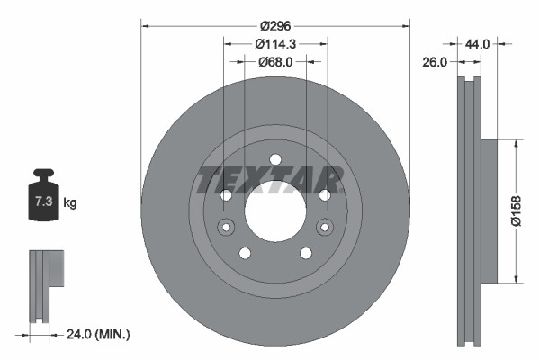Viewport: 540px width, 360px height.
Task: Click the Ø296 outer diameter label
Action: pos(275,26)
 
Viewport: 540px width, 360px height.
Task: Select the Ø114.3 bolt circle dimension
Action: pos(275,44)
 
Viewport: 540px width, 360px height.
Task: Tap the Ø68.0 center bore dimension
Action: pos(275,62)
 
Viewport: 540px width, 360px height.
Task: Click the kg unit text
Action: pos(70,202)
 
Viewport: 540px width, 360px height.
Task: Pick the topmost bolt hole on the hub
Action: pos(275,159)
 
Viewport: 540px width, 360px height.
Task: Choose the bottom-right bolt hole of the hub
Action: pos(306,253)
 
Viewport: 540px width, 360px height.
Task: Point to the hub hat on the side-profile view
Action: pos(490,210)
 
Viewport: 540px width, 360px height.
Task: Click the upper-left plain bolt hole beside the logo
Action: pos(227,195)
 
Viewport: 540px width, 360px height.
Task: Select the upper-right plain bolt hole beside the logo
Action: pos(324,195)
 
